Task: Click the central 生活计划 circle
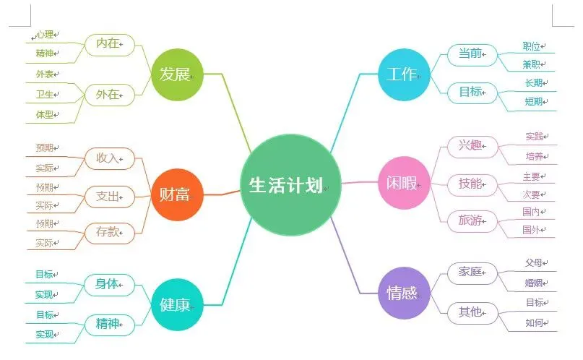point(290,185)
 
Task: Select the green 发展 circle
point(177,74)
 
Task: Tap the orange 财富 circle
point(177,194)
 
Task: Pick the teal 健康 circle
point(177,304)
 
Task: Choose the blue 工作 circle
point(404,74)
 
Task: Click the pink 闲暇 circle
point(404,183)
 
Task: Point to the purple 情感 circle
point(404,293)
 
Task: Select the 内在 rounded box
point(109,44)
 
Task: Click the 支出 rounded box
point(109,197)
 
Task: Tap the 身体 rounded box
point(109,285)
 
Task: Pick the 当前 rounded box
point(472,54)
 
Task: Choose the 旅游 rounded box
point(472,221)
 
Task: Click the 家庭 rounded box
point(472,273)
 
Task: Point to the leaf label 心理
point(45,35)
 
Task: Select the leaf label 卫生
point(45,95)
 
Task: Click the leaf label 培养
point(535,156)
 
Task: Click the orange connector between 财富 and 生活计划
point(222,194)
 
